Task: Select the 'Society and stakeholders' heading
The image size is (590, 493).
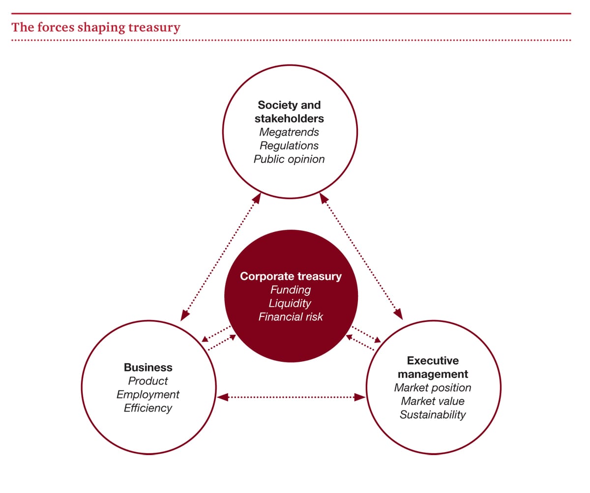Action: [x=289, y=112]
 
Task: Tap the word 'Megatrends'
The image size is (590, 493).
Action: [x=289, y=132]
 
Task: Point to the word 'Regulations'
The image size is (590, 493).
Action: [x=289, y=145]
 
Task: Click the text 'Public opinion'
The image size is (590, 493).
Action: [x=289, y=159]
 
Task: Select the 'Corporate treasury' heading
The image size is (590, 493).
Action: [x=291, y=276]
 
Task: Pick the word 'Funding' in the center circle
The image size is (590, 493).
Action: [x=291, y=290]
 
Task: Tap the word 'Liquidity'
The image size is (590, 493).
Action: [x=290, y=303]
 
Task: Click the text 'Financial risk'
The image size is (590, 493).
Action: [x=291, y=317]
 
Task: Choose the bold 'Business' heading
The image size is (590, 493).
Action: [x=148, y=367]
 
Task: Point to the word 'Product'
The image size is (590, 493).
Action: [x=148, y=381]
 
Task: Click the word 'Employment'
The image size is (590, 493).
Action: [x=148, y=395]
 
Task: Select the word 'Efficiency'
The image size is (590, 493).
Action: [x=148, y=408]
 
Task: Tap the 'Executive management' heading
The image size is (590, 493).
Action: [x=433, y=367]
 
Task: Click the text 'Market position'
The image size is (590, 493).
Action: [x=433, y=388]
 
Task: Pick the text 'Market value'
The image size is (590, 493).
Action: [x=433, y=401]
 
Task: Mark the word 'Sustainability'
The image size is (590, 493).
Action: [x=433, y=415]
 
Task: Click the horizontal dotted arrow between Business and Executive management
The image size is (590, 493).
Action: [x=291, y=397]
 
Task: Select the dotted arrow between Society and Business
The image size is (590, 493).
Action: [x=221, y=257]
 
